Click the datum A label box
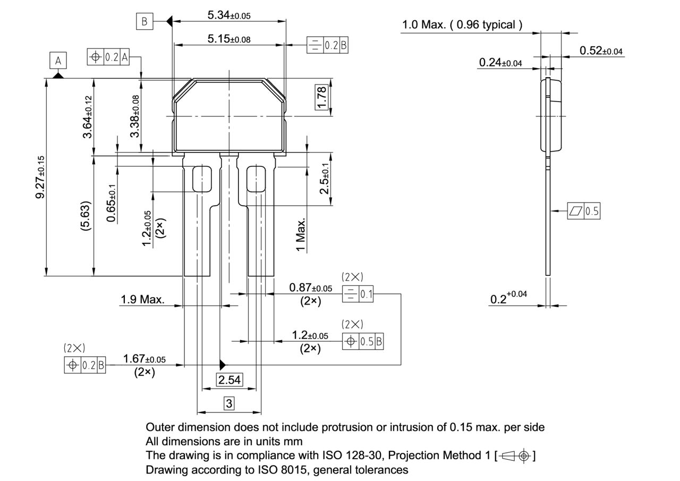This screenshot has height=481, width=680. point(58,61)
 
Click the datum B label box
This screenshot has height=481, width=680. point(144,21)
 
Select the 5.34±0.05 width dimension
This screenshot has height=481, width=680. point(228,15)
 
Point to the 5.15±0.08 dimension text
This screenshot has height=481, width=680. point(229,39)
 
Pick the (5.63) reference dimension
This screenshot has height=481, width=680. point(85,215)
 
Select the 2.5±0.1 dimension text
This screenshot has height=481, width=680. point(324,178)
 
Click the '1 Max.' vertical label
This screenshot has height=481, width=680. point(301,234)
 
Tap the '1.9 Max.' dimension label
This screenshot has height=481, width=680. point(142,299)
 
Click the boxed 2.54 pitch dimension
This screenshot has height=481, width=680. point(229,379)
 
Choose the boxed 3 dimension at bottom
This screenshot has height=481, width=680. point(229,403)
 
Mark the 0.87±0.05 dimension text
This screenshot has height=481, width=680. point(310,288)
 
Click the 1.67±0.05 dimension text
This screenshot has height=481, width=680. point(144,359)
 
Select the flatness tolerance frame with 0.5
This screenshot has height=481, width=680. point(583,211)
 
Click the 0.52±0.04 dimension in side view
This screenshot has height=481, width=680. point(601,50)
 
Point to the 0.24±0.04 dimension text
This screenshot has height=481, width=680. point(500,63)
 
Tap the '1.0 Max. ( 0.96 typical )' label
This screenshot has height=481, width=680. point(462,24)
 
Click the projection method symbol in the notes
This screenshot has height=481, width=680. point(515,456)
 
